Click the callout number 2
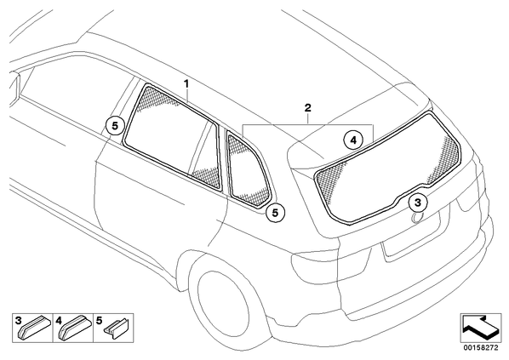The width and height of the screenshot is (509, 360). click(307, 107)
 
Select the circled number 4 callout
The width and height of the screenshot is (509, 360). click(353, 140)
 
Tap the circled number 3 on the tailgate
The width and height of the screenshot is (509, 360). click(418, 203)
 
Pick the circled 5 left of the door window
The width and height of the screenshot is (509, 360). click(115, 126)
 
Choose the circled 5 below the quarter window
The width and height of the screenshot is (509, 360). click(275, 213)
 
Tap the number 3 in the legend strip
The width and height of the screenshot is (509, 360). click(18, 321)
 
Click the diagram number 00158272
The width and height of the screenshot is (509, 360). click(480, 347)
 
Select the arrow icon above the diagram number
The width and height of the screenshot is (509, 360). click(480, 327)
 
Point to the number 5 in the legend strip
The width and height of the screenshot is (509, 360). click(99, 321)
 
